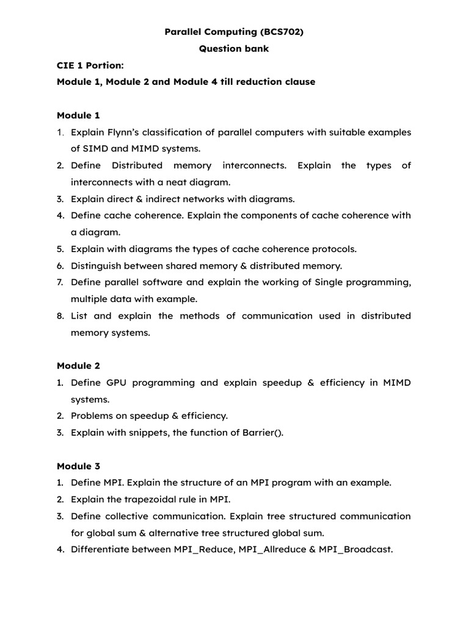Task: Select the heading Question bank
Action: (234, 49)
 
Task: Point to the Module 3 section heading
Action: (78, 466)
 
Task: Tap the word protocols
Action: (333, 249)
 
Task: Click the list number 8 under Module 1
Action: (60, 316)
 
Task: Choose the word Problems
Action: (92, 416)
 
